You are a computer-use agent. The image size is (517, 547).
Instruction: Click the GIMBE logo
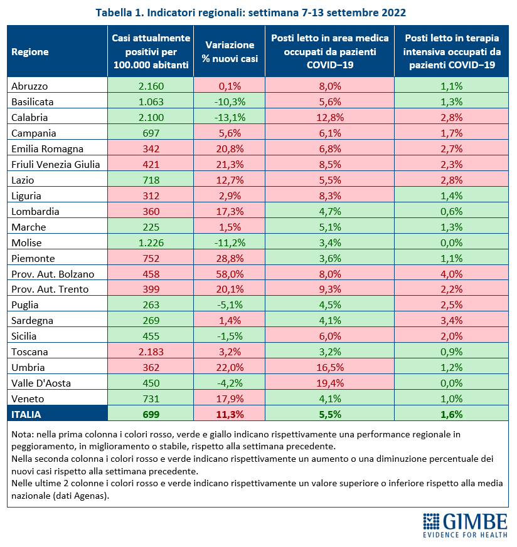[x=465, y=525]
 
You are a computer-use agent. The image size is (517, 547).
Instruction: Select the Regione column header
[x=30, y=51]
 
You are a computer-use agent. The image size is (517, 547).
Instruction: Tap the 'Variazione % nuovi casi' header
[x=230, y=51]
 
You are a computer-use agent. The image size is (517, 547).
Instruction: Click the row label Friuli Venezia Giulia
[x=56, y=164]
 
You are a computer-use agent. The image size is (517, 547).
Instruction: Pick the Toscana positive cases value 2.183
[x=151, y=352]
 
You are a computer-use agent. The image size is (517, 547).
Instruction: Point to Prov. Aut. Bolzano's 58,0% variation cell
[x=230, y=274]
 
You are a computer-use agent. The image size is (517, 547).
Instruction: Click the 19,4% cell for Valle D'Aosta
[x=330, y=383]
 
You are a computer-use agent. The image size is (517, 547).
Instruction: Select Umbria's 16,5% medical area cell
[x=330, y=367]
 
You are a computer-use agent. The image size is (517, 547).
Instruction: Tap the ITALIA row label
[x=26, y=414]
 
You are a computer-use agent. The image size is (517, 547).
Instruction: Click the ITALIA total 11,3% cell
[x=230, y=414]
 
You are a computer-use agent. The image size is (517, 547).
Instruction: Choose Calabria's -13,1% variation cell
[x=230, y=117]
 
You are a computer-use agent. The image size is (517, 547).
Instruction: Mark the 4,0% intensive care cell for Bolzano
[x=451, y=274]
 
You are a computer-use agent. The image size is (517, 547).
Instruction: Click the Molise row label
[x=26, y=242]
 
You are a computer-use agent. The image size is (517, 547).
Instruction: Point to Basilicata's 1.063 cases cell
[x=151, y=102]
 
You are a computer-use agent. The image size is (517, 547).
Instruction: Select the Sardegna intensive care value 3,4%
[x=451, y=320]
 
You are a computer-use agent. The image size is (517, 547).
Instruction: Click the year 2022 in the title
[x=393, y=13]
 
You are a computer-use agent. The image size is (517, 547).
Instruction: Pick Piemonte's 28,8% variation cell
[x=230, y=258]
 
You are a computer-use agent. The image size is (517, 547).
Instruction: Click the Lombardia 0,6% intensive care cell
[x=451, y=211]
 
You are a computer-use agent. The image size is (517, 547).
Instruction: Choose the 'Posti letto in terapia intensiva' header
[x=452, y=51]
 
